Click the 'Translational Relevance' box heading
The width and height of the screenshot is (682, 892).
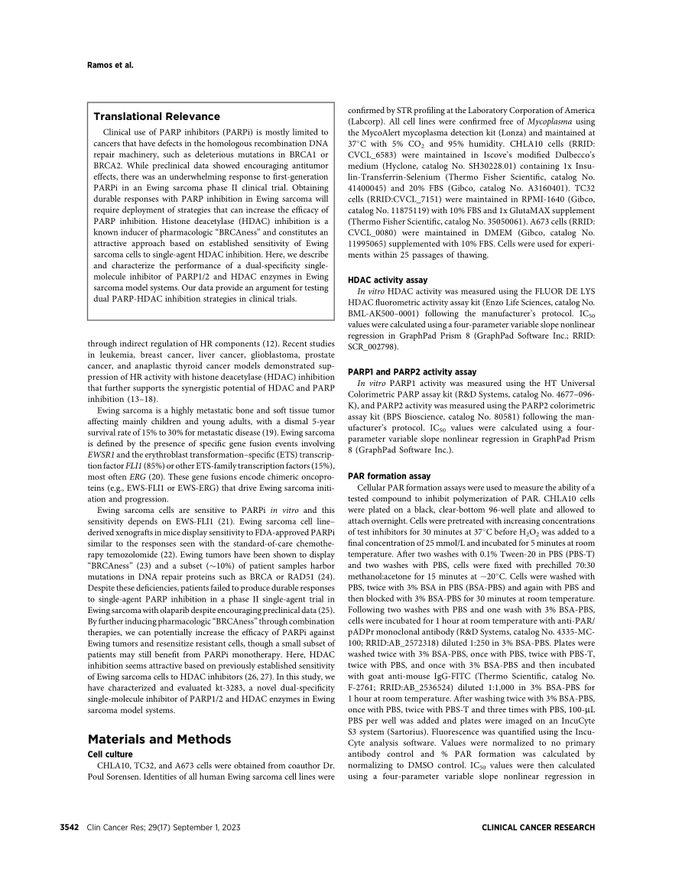point(142,117)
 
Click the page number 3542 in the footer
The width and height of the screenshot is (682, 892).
point(73,827)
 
